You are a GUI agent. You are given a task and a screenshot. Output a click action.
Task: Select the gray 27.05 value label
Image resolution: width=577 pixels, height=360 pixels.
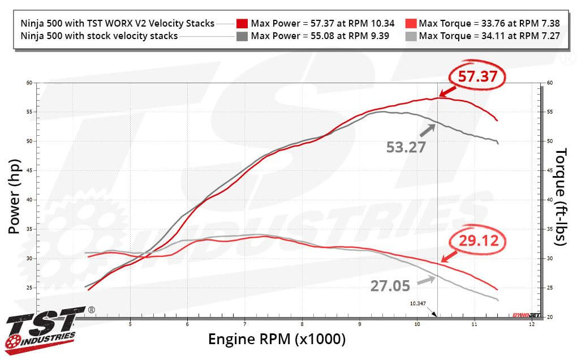(x=390, y=286)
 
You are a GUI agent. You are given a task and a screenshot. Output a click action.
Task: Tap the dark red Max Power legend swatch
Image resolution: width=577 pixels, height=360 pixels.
(x=242, y=23)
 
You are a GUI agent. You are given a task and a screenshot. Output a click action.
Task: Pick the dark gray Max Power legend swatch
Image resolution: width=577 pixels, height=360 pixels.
(x=242, y=36)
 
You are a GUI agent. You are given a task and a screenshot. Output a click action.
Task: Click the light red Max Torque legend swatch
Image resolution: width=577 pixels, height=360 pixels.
(x=411, y=23)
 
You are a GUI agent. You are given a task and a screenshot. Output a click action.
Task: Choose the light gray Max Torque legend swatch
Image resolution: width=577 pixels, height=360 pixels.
(x=411, y=36)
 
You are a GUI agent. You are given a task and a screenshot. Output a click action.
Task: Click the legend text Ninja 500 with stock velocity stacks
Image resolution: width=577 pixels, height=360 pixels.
(x=100, y=36)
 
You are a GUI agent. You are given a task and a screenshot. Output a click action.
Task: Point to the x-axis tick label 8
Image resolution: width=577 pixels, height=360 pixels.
(x=302, y=324)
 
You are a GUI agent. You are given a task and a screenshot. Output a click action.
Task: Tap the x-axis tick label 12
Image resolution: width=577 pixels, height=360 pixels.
(x=531, y=324)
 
